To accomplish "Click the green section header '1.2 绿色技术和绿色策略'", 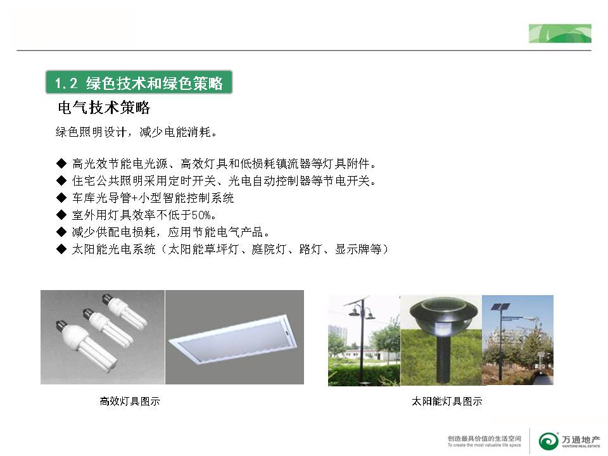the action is (139, 82).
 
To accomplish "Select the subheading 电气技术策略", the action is (104, 108).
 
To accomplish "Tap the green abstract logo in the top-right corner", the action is (560, 34).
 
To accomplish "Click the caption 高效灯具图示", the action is (129, 401).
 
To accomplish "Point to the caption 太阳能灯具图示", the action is (446, 401).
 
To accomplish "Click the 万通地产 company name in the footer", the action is (581, 440).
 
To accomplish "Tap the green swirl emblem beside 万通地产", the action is (548, 441).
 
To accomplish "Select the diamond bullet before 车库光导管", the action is (61, 198).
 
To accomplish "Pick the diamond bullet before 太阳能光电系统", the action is (61, 249).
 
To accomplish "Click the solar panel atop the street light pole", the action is (500, 307).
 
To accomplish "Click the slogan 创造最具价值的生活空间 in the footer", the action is (484, 438).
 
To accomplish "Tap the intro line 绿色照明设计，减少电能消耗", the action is (136, 132).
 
